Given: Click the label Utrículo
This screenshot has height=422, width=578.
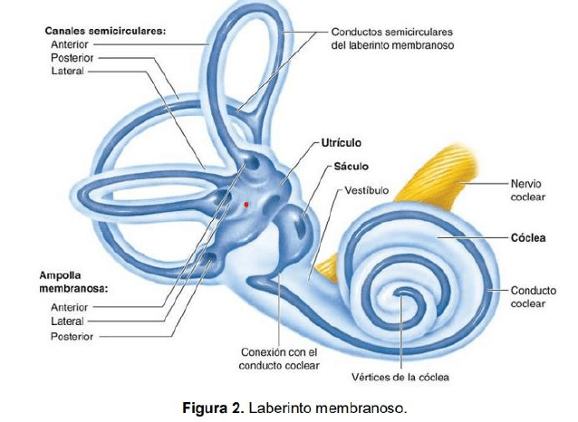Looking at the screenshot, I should pyautogui.click(x=342, y=143).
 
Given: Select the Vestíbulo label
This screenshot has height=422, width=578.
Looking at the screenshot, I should pyautogui.click(x=366, y=191).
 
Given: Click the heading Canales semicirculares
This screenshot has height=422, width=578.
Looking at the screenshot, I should pyautogui.click(x=105, y=30).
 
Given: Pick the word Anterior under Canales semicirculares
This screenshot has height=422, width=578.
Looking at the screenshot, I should pyautogui.click(x=69, y=43).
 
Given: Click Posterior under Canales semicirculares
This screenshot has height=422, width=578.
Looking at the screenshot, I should pyautogui.click(x=72, y=56).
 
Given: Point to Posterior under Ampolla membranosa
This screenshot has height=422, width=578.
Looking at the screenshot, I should pyautogui.click(x=72, y=336).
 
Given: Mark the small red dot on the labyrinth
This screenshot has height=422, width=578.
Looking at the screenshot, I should pyautogui.click(x=246, y=205).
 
